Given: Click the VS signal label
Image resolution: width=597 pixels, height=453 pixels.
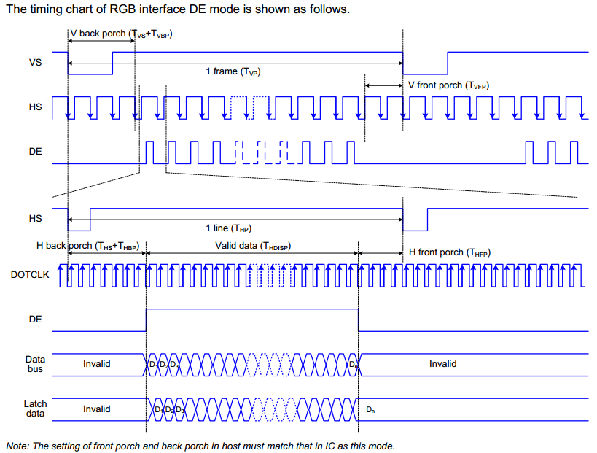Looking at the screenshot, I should pos(35,63).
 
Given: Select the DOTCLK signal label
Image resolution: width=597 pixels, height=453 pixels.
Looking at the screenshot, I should pos(29,275).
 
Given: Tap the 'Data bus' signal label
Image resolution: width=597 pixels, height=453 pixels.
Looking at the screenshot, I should pos(35,364).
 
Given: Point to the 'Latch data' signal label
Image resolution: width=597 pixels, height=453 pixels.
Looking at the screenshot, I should pos(35,409).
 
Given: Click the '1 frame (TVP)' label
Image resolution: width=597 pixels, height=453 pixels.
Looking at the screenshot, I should pos(233,71).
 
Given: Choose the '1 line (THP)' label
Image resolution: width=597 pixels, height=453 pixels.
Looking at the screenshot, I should pos(233,228).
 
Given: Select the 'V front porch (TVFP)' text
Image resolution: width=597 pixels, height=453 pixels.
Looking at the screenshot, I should pos(448,85).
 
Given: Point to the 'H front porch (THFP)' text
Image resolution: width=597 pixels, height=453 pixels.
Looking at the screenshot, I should pos(450,252).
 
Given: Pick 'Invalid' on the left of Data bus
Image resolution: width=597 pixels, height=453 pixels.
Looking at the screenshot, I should pos(97,363).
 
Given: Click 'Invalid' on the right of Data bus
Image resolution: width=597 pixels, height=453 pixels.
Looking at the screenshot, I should pos(442,363).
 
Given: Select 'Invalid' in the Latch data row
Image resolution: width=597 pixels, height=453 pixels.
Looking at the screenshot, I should pos(97,409).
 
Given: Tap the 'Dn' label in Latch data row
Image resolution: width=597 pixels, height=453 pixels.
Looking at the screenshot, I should pos(370,410).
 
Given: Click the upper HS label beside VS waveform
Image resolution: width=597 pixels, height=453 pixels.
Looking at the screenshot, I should pos(35,107).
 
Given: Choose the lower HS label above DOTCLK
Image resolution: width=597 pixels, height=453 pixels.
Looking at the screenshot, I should pos(35,218).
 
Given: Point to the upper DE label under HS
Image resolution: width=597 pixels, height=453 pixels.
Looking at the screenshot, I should pos(35,152).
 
